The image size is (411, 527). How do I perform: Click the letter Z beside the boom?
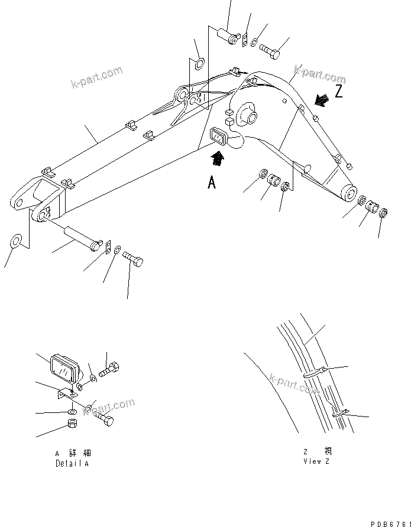[x=339, y=92]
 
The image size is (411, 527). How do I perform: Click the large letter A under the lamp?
[x=211, y=183]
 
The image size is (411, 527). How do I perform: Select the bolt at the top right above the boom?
[x=271, y=51]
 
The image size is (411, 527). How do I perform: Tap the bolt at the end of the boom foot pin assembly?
[x=132, y=259]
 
